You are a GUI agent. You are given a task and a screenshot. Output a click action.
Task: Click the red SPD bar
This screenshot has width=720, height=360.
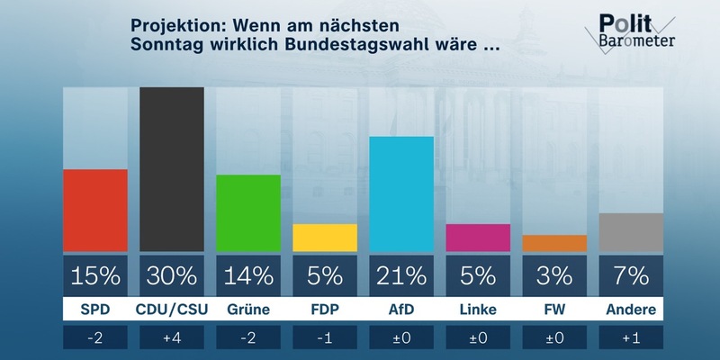pyautogui.click(x=94, y=211)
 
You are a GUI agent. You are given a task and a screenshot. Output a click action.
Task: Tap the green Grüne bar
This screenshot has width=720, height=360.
pyautogui.click(x=248, y=213)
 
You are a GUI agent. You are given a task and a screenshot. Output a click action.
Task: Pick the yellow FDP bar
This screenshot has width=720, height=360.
pyautogui.click(x=325, y=238)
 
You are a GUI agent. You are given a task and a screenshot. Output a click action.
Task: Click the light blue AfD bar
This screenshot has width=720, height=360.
pyautogui.click(x=401, y=194)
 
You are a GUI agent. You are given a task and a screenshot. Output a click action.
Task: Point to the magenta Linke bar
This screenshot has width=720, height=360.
pyautogui.click(x=478, y=238)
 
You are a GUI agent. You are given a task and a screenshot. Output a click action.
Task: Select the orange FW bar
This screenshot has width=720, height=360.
pyautogui.click(x=554, y=243)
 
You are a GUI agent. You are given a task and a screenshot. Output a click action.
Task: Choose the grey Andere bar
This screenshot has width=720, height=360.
pyautogui.click(x=631, y=232)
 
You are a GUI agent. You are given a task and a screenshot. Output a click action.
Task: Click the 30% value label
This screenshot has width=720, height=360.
pyautogui.click(x=172, y=273)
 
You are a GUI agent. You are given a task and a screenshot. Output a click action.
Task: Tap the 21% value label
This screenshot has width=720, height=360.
pyautogui.click(x=401, y=273)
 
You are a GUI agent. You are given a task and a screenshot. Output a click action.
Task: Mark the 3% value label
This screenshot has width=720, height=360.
pyautogui.click(x=554, y=273)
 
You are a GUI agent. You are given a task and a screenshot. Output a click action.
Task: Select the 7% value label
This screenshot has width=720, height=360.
pyautogui.click(x=631, y=273)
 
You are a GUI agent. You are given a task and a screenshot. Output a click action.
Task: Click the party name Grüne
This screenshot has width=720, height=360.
pyautogui.click(x=248, y=310)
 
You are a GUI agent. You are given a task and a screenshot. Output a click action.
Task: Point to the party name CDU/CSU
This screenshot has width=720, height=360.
pyautogui.click(x=172, y=310)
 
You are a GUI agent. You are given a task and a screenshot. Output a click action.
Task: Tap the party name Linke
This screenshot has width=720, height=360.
pyautogui.click(x=478, y=310)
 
